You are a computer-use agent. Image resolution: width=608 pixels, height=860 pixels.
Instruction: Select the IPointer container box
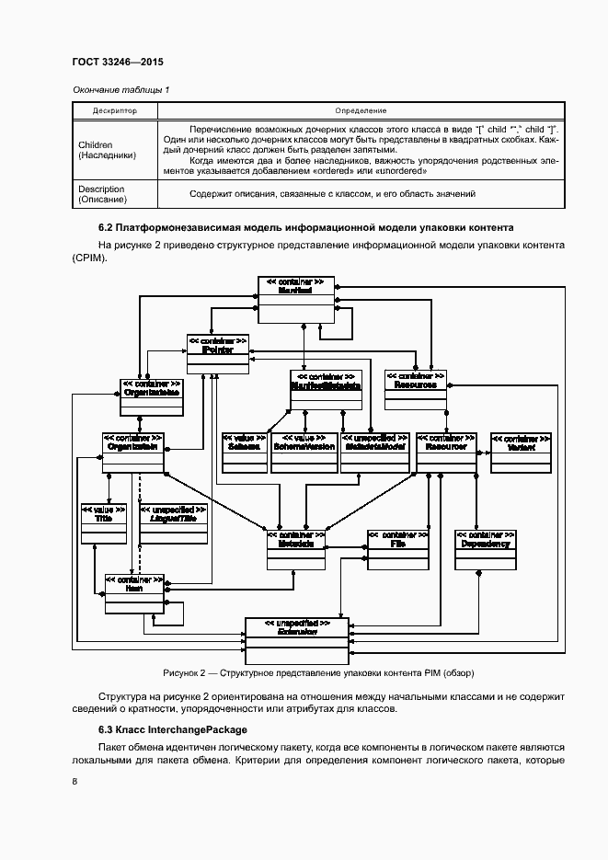(x=218, y=354)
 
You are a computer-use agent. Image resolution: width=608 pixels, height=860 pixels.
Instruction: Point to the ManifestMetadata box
(x=325, y=389)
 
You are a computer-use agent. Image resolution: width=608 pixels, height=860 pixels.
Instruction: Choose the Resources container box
(x=416, y=389)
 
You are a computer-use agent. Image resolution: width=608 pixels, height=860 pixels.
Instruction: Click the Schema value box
(x=244, y=453)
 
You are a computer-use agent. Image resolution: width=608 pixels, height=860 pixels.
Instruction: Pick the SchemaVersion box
(x=304, y=453)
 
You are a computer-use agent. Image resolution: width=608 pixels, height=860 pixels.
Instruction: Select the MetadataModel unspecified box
(x=370, y=453)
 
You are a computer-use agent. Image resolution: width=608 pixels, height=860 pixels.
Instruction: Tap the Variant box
(x=522, y=453)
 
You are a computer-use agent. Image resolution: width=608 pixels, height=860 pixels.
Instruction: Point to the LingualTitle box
(x=173, y=525)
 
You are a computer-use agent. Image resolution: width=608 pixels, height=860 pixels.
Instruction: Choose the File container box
(x=397, y=549)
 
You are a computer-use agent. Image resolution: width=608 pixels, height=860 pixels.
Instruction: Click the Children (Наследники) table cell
(x=109, y=150)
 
